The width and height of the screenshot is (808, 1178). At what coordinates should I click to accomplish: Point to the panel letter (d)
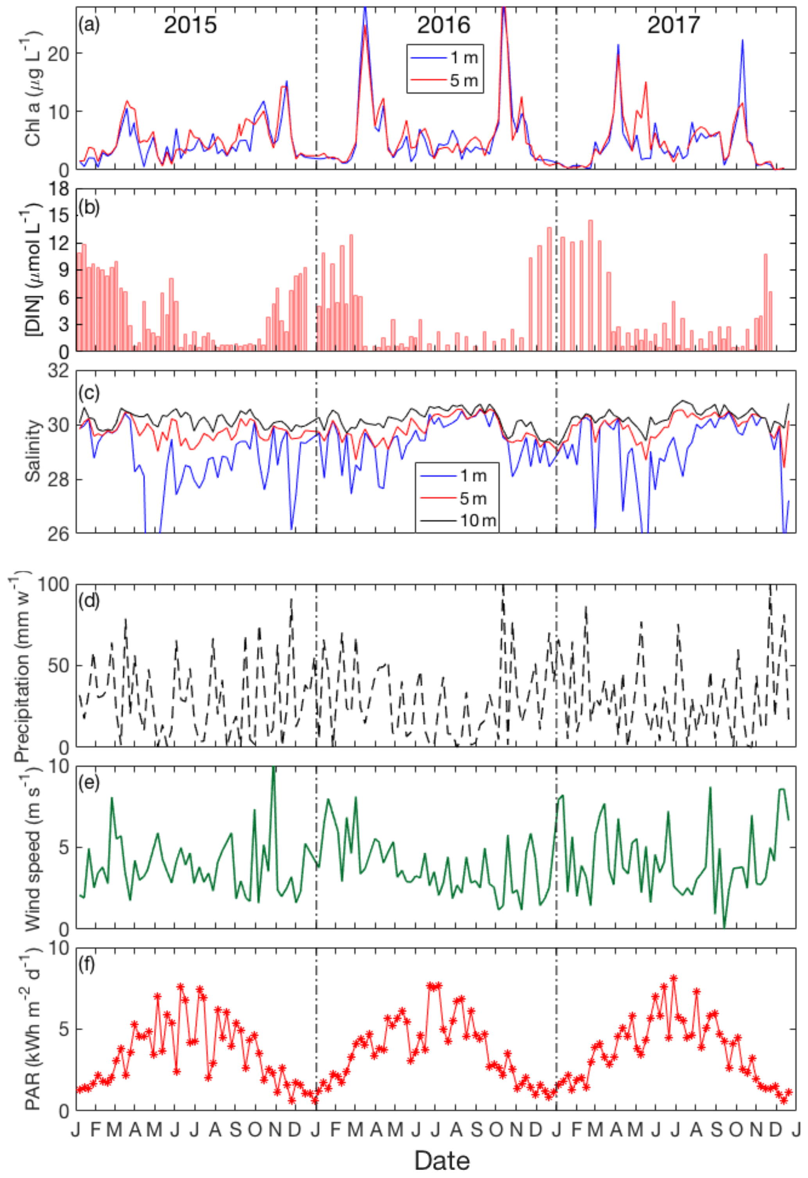click(89, 601)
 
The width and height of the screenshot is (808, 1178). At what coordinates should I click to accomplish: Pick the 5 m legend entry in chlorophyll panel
click(463, 80)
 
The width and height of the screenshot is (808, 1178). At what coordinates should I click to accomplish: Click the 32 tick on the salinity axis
click(59, 371)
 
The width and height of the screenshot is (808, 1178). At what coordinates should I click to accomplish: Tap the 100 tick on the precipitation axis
click(53, 585)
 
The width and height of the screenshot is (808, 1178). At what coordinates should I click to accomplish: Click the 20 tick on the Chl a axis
click(59, 53)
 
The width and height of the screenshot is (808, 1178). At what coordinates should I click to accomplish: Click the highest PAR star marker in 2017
click(673, 978)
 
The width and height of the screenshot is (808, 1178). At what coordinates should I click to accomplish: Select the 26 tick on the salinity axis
click(59, 533)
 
